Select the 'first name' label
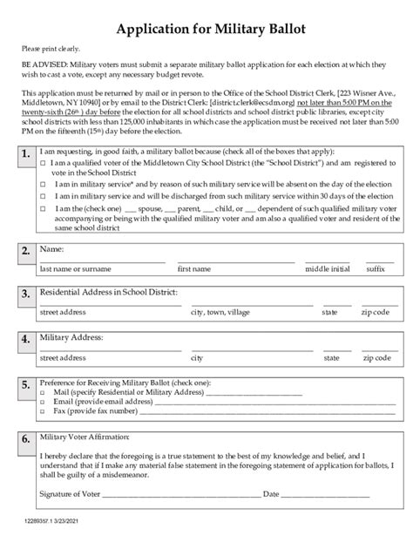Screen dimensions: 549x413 click(x=194, y=269)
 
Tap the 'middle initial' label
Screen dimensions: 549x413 click(x=328, y=269)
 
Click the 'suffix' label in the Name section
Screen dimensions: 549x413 click(x=376, y=269)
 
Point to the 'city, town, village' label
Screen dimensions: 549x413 click(x=220, y=311)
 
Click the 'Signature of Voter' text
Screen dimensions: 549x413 click(x=70, y=494)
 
